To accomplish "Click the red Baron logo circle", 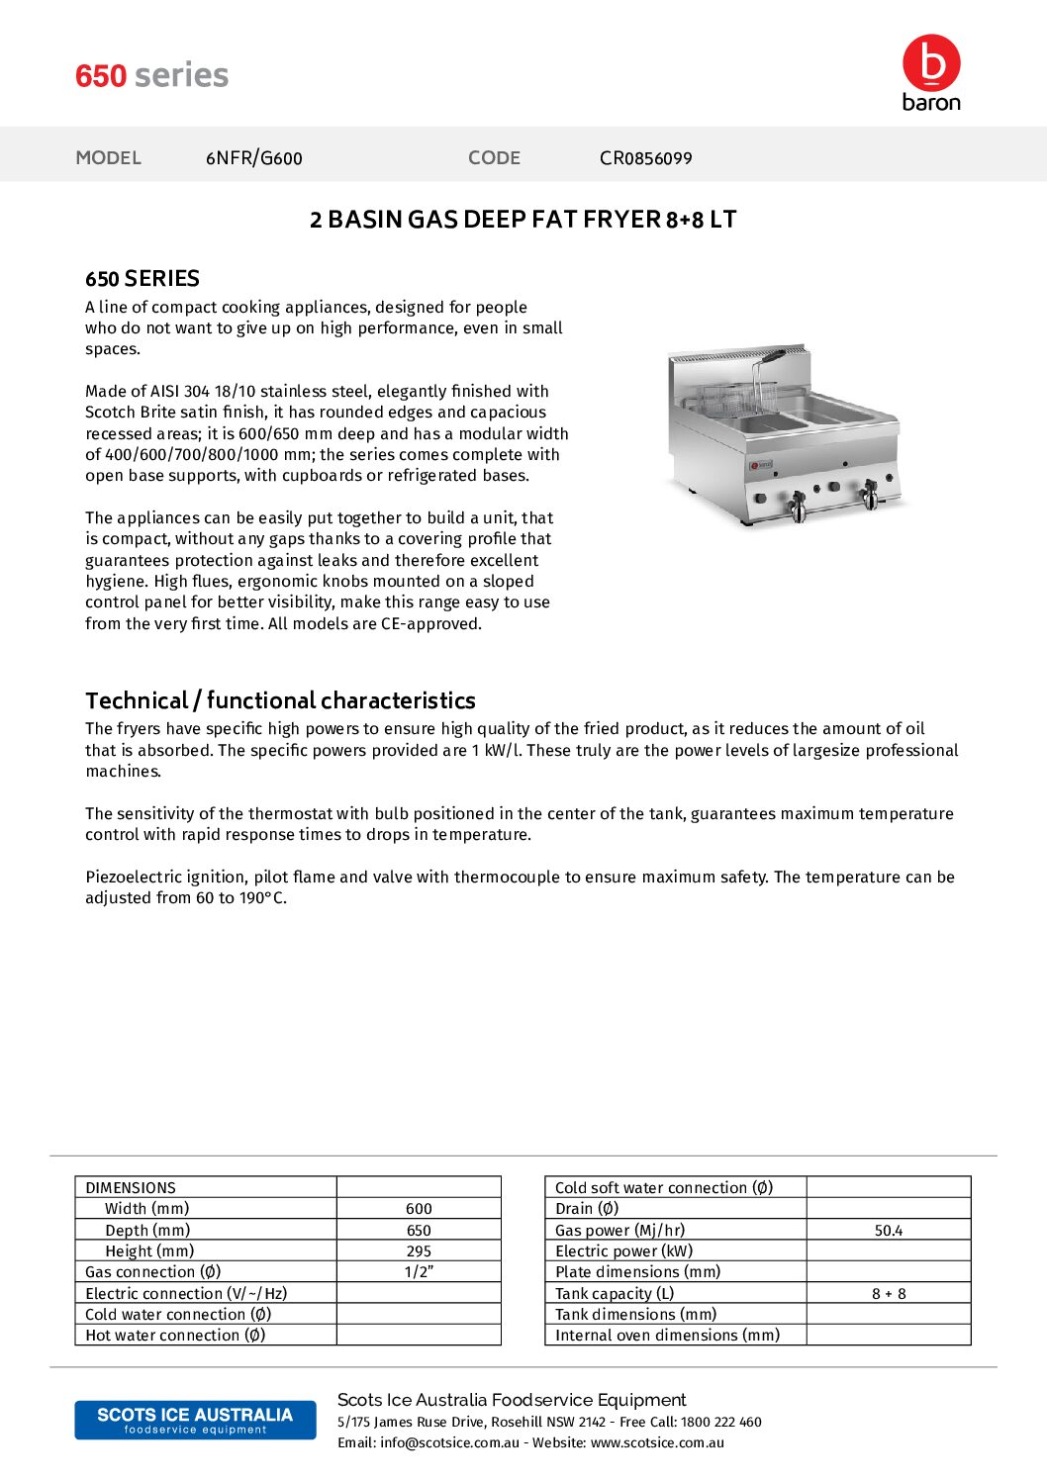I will point(931,63).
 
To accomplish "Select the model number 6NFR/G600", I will point(254,158).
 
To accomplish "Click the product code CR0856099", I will point(645,158).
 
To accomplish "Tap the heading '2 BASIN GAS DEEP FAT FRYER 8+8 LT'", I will point(523,220).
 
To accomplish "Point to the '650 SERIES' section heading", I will point(143,279).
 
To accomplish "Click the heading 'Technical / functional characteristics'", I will point(280,700).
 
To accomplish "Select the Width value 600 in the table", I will point(419,1209).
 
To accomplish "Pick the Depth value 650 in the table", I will point(419,1231).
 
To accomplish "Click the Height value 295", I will point(419,1251).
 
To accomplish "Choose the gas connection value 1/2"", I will point(419,1272).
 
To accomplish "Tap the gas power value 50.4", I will point(889,1231).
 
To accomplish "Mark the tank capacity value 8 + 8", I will point(889,1294).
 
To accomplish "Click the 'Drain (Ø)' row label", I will point(587,1209).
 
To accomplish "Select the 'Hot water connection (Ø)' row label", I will point(175,1336).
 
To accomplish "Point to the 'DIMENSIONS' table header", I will point(131,1188).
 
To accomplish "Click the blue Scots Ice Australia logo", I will point(195,1420).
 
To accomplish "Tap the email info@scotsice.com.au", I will point(449,1443).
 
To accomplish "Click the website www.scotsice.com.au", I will point(657,1443).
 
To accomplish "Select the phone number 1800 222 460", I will point(721,1423).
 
